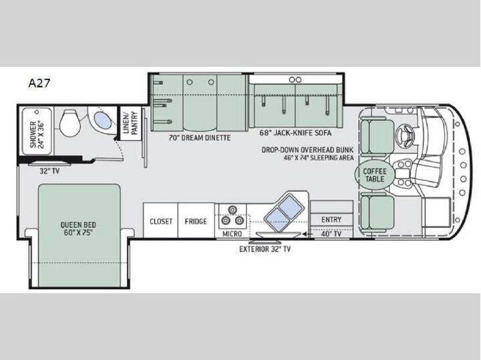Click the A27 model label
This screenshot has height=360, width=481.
[x=39, y=83]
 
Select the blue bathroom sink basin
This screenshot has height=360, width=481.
[x=102, y=121]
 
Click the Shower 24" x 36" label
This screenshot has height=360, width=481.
[x=37, y=134]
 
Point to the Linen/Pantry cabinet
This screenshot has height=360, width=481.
[x=130, y=123]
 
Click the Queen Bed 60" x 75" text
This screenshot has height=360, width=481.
[x=78, y=228]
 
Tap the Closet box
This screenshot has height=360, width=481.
[x=160, y=220]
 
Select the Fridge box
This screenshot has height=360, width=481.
[x=196, y=220]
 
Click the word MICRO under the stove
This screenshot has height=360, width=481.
[x=232, y=234]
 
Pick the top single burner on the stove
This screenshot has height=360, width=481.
[x=232, y=210]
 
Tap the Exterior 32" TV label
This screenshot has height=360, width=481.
[x=265, y=249]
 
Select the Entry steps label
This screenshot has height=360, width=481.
[x=331, y=220]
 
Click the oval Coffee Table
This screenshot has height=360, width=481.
[x=375, y=175]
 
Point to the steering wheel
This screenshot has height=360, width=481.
[x=405, y=134]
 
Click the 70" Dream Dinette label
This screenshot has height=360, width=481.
[x=199, y=138]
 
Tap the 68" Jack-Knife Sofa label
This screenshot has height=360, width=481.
[x=295, y=133]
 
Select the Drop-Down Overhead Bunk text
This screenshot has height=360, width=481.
[x=307, y=150]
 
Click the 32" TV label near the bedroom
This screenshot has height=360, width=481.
[x=49, y=171]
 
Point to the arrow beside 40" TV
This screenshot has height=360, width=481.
[x=307, y=234]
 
